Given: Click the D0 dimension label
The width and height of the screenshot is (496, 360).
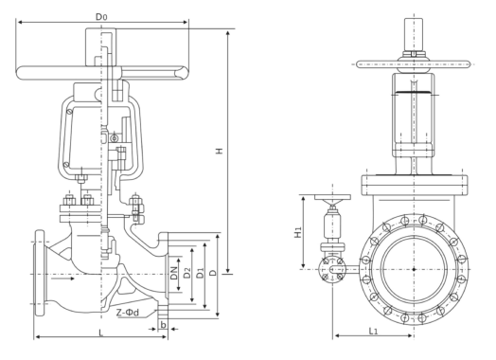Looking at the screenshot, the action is coord(101,16).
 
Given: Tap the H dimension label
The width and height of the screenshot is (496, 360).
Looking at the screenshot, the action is coord(220,151).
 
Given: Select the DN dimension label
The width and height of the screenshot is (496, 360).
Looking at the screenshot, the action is coord(173,273).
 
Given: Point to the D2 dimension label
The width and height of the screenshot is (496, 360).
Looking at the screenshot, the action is coord(187,273).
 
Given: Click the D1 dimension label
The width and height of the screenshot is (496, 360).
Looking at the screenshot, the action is coord(200,273).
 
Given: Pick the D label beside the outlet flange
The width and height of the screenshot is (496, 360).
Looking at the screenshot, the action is coord(213,273).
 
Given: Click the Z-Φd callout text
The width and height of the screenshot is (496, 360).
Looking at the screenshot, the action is coord(128,313).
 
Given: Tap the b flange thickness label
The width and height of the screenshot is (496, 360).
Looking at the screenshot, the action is coord(163,325).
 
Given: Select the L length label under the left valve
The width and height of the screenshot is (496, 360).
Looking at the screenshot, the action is coord(101,333).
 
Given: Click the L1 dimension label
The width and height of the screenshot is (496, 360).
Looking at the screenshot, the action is coord(373,332).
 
